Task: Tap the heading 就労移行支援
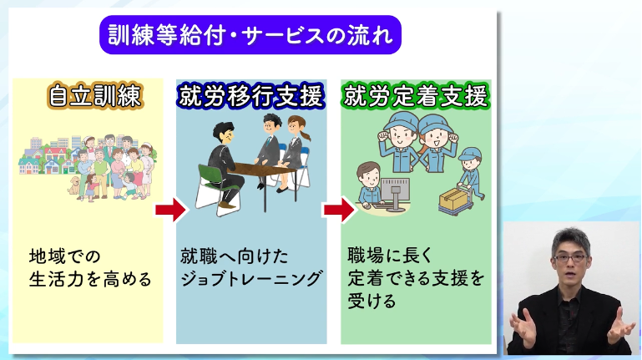click(251, 98)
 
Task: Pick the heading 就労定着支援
click(415, 98)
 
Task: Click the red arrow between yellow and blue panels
click(169, 209)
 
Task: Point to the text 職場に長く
click(387, 256)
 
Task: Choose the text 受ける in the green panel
click(370, 302)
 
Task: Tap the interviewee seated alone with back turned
click(220, 163)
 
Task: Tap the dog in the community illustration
click(76, 185)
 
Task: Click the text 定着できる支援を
click(415, 279)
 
